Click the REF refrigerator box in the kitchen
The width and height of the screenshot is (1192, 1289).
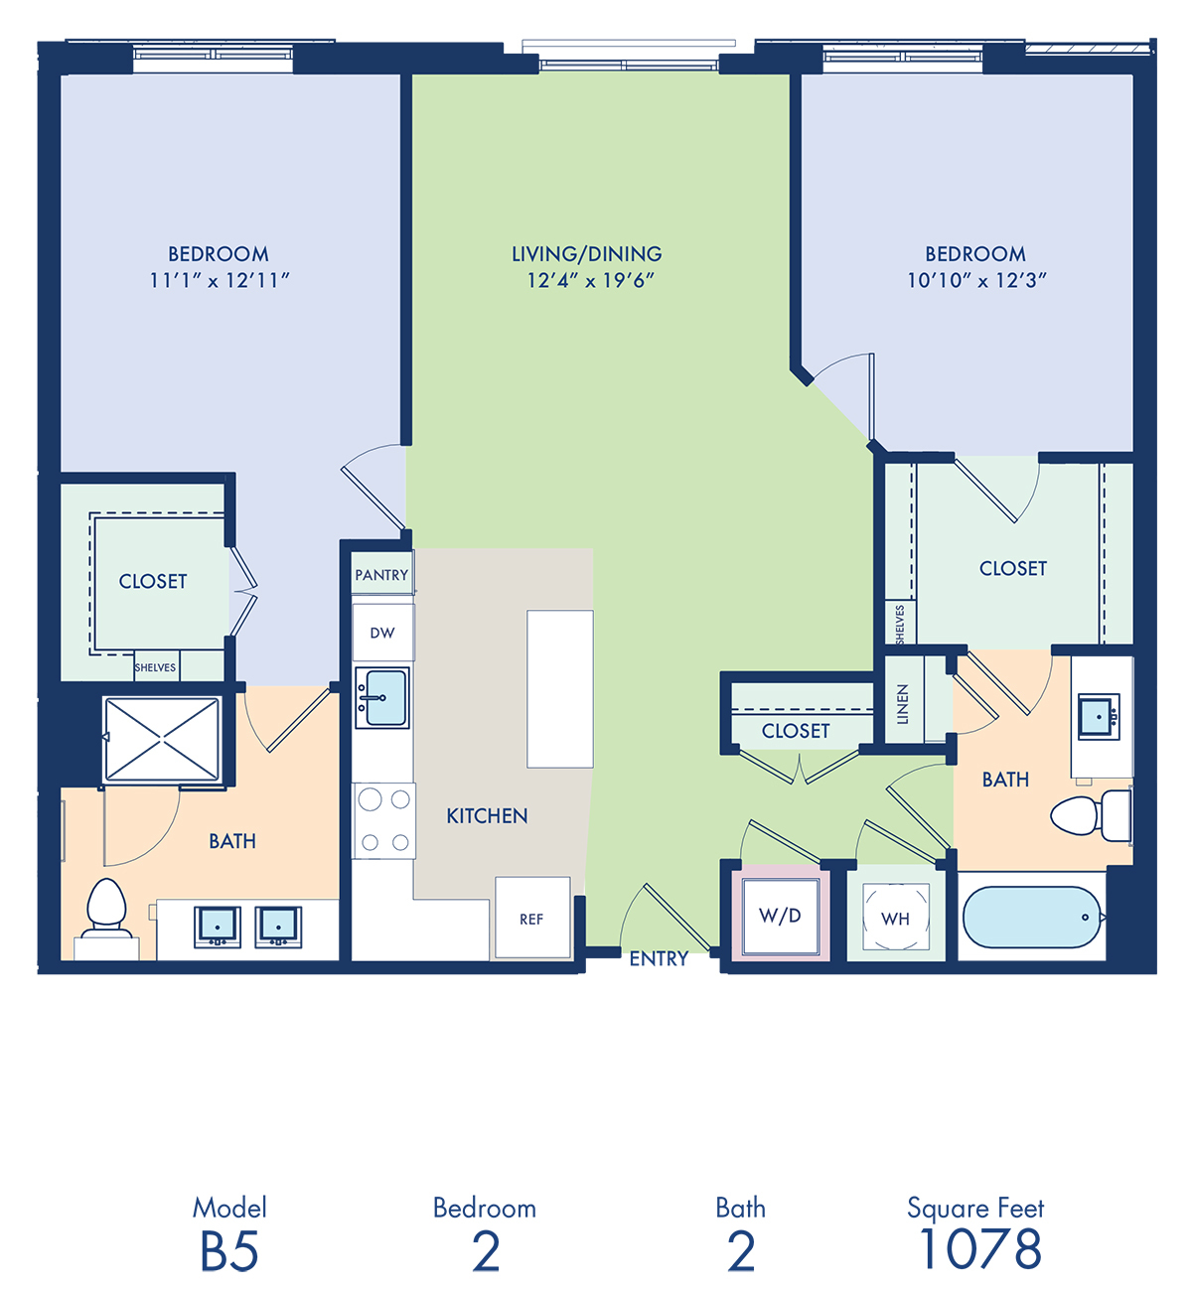pos(532,918)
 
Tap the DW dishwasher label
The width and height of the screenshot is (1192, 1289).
pos(382,633)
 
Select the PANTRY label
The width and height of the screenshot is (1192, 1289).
pos(381,575)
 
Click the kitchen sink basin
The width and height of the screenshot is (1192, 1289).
pos(386,698)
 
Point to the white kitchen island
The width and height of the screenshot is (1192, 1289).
pos(559,688)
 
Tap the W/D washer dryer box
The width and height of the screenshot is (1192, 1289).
pos(781,916)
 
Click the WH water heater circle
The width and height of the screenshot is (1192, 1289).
pos(895,918)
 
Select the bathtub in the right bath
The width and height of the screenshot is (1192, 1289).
pos(1032,918)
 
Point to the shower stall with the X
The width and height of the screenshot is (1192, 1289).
pos(162,739)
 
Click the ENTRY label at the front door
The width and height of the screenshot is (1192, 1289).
pos(659,958)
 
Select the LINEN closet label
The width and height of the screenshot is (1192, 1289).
pos(902,703)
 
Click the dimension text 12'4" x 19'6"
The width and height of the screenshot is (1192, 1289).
pos(590,280)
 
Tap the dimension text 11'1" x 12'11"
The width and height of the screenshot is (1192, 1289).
pos(220,280)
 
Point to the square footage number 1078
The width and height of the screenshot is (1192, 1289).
pos(980,1248)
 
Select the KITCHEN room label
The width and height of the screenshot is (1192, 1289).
pos(487,816)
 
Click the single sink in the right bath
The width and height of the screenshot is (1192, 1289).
pos(1099,717)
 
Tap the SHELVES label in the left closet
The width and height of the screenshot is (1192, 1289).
pos(155,667)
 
